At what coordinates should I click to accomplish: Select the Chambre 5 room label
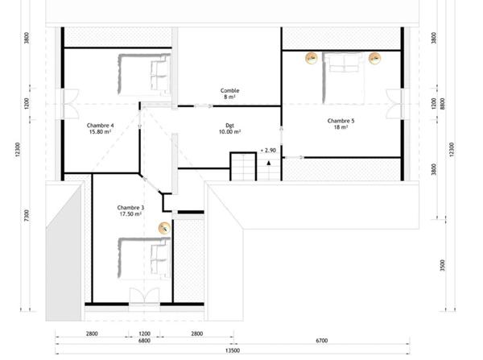pos(341,124)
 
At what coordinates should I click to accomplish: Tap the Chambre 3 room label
pos(130,210)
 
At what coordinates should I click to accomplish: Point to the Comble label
pos(229,94)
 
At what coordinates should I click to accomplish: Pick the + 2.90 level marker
pos(268,151)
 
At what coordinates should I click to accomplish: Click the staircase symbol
pos(244,167)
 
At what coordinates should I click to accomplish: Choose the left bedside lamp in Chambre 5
pos(310,57)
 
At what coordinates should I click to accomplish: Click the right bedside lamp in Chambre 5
pos(374,57)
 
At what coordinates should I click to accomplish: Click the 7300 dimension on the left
pos(29,215)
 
